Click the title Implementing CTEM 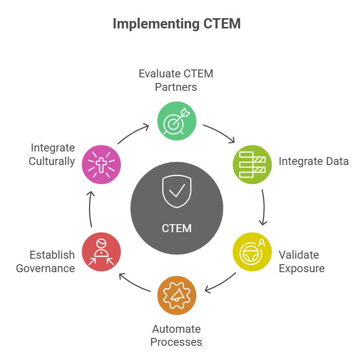coord(177,24)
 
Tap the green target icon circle coord(177,121)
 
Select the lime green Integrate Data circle coord(252,165)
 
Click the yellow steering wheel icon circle coord(252,252)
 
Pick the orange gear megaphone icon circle coord(177,295)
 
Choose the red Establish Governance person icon coord(101,252)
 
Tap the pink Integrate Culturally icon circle coord(101,165)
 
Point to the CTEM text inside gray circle coord(177,228)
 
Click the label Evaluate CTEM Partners coord(176,80)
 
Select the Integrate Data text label coord(313,162)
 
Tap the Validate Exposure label coord(301,261)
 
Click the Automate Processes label coord(176,336)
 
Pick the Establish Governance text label coord(46,261)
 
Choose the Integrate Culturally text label coord(52,155)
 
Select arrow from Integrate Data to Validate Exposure coord(263,206)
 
